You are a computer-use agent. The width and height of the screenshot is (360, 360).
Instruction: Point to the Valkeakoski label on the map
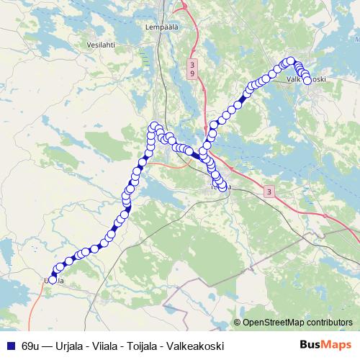tap(307, 80)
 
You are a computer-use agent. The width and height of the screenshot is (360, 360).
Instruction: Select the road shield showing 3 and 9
tap(190, 69)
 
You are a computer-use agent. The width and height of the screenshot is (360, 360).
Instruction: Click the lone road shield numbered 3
tap(269, 192)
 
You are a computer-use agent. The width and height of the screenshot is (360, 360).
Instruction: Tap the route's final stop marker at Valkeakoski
tap(307, 81)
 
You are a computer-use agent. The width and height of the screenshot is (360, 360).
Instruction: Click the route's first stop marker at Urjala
tap(52, 280)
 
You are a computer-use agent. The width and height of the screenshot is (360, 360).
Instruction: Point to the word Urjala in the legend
tap(73, 346)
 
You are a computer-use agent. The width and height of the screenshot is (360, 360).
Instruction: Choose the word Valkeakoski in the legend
tap(197, 346)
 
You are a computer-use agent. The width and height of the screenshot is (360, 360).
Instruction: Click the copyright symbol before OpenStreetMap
tap(238, 323)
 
